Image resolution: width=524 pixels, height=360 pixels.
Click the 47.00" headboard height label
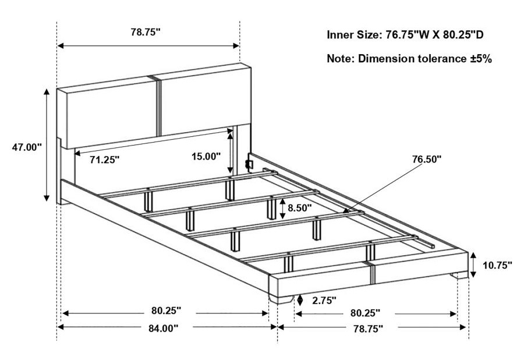coord(27,147)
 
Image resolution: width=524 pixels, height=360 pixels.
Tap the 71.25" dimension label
coord(104,160)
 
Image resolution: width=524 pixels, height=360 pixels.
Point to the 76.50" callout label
coord(427,159)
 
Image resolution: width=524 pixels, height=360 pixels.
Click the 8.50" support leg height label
coord(299,208)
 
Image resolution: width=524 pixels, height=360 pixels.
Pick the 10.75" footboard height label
coord(497,266)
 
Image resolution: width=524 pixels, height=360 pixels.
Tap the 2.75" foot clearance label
coord(324,301)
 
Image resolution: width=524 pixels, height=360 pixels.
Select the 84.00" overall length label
coord(164,328)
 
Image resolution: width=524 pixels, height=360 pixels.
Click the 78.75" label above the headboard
coord(146,32)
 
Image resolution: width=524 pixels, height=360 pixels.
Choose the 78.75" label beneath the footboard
coord(368,329)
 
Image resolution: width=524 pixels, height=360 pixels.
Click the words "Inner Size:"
coord(353,35)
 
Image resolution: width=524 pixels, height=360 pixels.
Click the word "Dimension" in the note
coord(386,59)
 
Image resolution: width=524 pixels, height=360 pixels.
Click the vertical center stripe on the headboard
coord(159,106)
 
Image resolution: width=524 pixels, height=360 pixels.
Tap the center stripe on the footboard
coord(371,273)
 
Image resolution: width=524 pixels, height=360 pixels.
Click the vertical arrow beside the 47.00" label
coord(47,146)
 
